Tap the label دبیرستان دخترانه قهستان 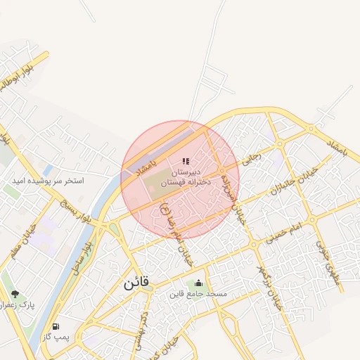183,177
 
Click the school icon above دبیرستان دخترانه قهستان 186,162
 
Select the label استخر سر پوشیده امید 47,181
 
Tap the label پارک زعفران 17,305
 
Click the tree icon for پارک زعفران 15,294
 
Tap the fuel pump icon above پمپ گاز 56,327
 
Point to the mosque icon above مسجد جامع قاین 198,283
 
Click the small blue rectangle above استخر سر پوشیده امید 47,170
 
